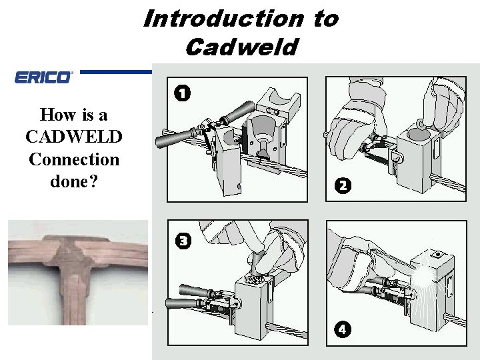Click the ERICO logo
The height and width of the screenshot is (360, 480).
pyautogui.click(x=43, y=77)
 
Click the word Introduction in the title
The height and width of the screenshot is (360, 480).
pyautogui.click(x=223, y=19)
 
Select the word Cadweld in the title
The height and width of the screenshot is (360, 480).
pyautogui.click(x=242, y=47)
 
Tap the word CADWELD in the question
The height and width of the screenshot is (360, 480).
pyautogui.click(x=74, y=137)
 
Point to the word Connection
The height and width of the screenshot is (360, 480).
pyautogui.click(x=74, y=159)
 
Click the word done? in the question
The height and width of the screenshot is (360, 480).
pyautogui.click(x=74, y=181)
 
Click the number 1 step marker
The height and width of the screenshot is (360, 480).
pyautogui.click(x=182, y=93)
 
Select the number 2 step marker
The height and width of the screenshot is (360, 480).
pyautogui.click(x=343, y=185)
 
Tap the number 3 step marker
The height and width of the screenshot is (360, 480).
pyautogui.click(x=183, y=241)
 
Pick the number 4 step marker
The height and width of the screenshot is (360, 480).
pyautogui.click(x=342, y=330)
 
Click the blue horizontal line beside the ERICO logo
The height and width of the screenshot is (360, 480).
pyautogui.click(x=116, y=72)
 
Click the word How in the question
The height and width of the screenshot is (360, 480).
pyautogui.click(x=57, y=115)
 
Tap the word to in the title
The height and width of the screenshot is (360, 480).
pyautogui.click(x=326, y=19)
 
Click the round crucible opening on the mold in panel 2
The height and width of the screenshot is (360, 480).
pyautogui.click(x=417, y=134)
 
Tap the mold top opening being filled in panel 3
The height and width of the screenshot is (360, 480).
pyautogui.click(x=253, y=280)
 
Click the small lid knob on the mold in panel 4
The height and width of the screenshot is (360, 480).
pyautogui.click(x=436, y=254)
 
